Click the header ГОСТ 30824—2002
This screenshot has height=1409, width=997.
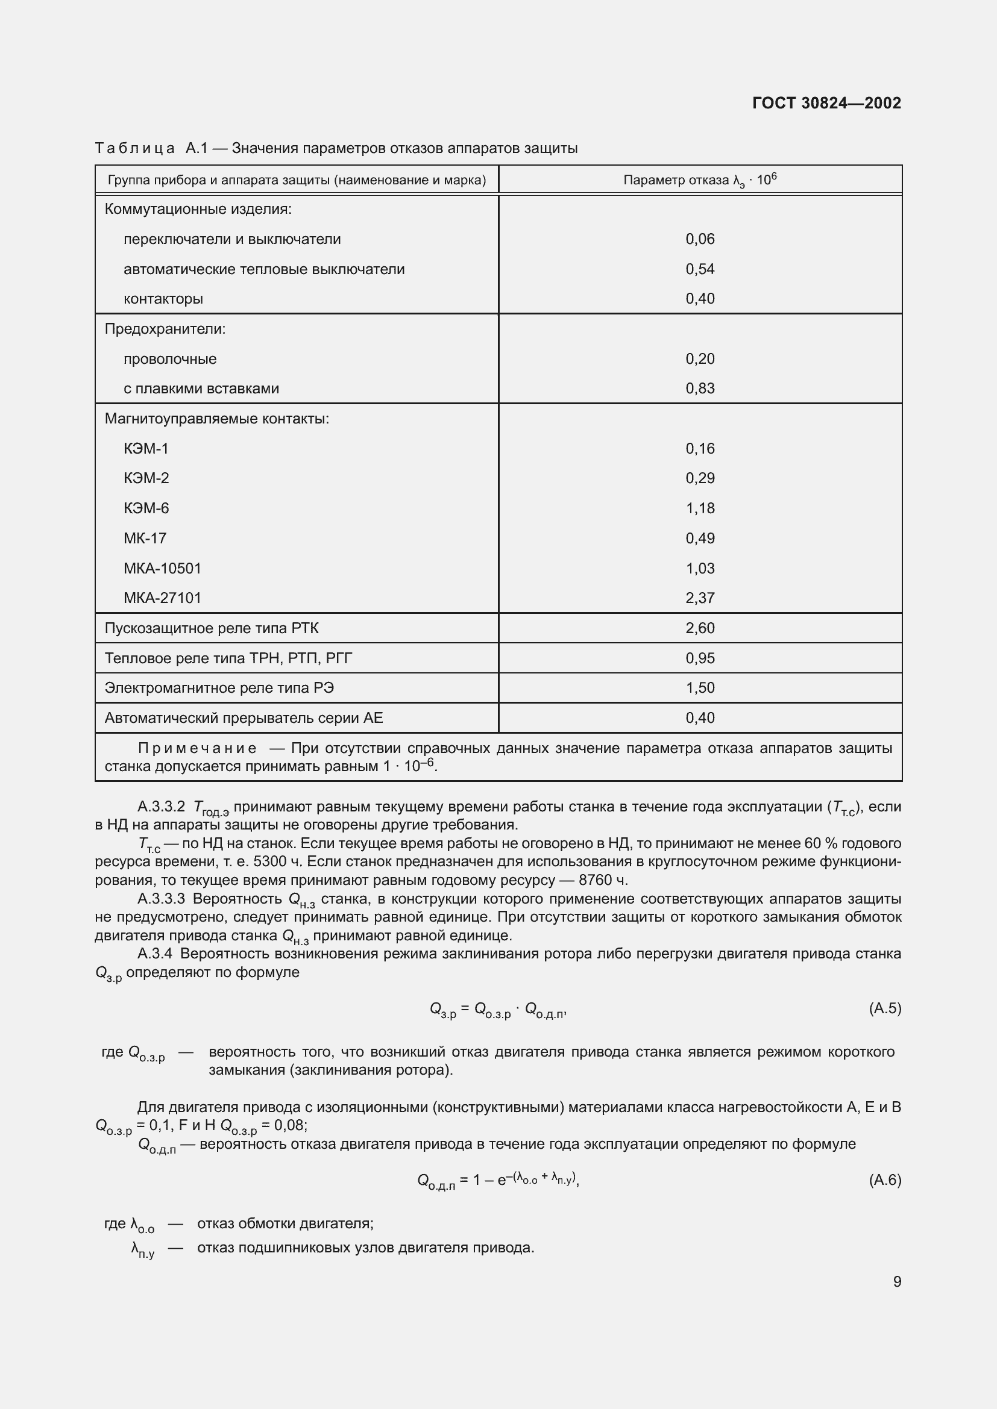pyautogui.click(x=826, y=103)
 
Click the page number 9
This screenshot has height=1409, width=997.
pyautogui.click(x=897, y=1281)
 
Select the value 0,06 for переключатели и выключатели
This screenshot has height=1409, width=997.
pyautogui.click(x=700, y=239)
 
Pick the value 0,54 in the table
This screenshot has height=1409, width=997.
pyautogui.click(x=700, y=269)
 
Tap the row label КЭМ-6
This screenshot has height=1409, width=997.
pyautogui.click(x=146, y=508)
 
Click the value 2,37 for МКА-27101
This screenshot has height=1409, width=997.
pyautogui.click(x=700, y=598)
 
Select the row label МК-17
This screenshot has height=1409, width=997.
pyautogui.click(x=145, y=538)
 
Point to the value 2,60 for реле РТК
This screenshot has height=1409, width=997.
pyautogui.click(x=700, y=628)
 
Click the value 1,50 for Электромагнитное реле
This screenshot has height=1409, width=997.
pyautogui.click(x=700, y=688)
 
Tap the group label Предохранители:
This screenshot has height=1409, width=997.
pyautogui.click(x=165, y=329)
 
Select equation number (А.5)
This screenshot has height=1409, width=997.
pyautogui.click(x=885, y=1008)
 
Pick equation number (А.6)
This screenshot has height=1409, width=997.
pyautogui.click(x=885, y=1179)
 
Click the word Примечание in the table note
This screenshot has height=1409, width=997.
pyautogui.click(x=197, y=748)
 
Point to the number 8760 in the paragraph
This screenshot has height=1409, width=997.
pyautogui.click(x=596, y=880)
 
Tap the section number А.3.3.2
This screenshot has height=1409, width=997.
pyautogui.click(x=162, y=807)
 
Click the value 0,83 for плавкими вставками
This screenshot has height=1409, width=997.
pyautogui.click(x=700, y=389)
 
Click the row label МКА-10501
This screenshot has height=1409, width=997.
pyautogui.click(x=163, y=568)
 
